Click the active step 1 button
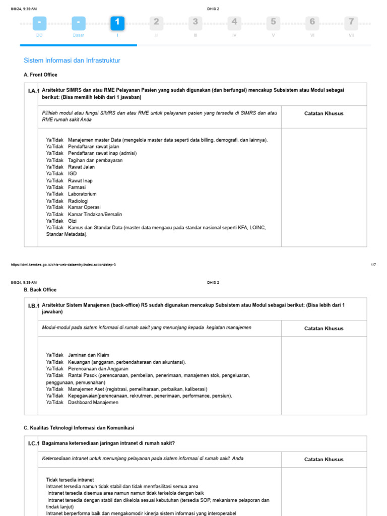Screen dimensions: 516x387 pos(117,23)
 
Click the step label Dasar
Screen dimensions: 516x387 pos(78,35)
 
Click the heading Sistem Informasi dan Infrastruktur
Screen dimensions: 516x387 pos(72,60)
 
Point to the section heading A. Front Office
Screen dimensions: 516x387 pos(41,75)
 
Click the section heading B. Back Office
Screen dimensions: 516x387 pos(40,290)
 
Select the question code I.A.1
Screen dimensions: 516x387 pos(34,91)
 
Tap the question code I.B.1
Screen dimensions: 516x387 pos(34,306)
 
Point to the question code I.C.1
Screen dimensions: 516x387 pos(34,443)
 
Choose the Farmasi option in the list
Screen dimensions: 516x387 pos(77,187)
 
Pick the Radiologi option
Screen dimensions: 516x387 pos(78,201)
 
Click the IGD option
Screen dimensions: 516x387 pos(73,174)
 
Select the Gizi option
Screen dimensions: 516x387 pos(73,221)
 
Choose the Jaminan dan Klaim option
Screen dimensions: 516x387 pos(88,355)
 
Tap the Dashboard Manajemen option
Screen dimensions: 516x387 pos(93,403)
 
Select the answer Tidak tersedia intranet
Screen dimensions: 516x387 pos(70,479)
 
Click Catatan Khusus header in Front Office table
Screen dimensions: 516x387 pos(324,113)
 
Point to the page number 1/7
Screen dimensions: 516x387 pos(373,265)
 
